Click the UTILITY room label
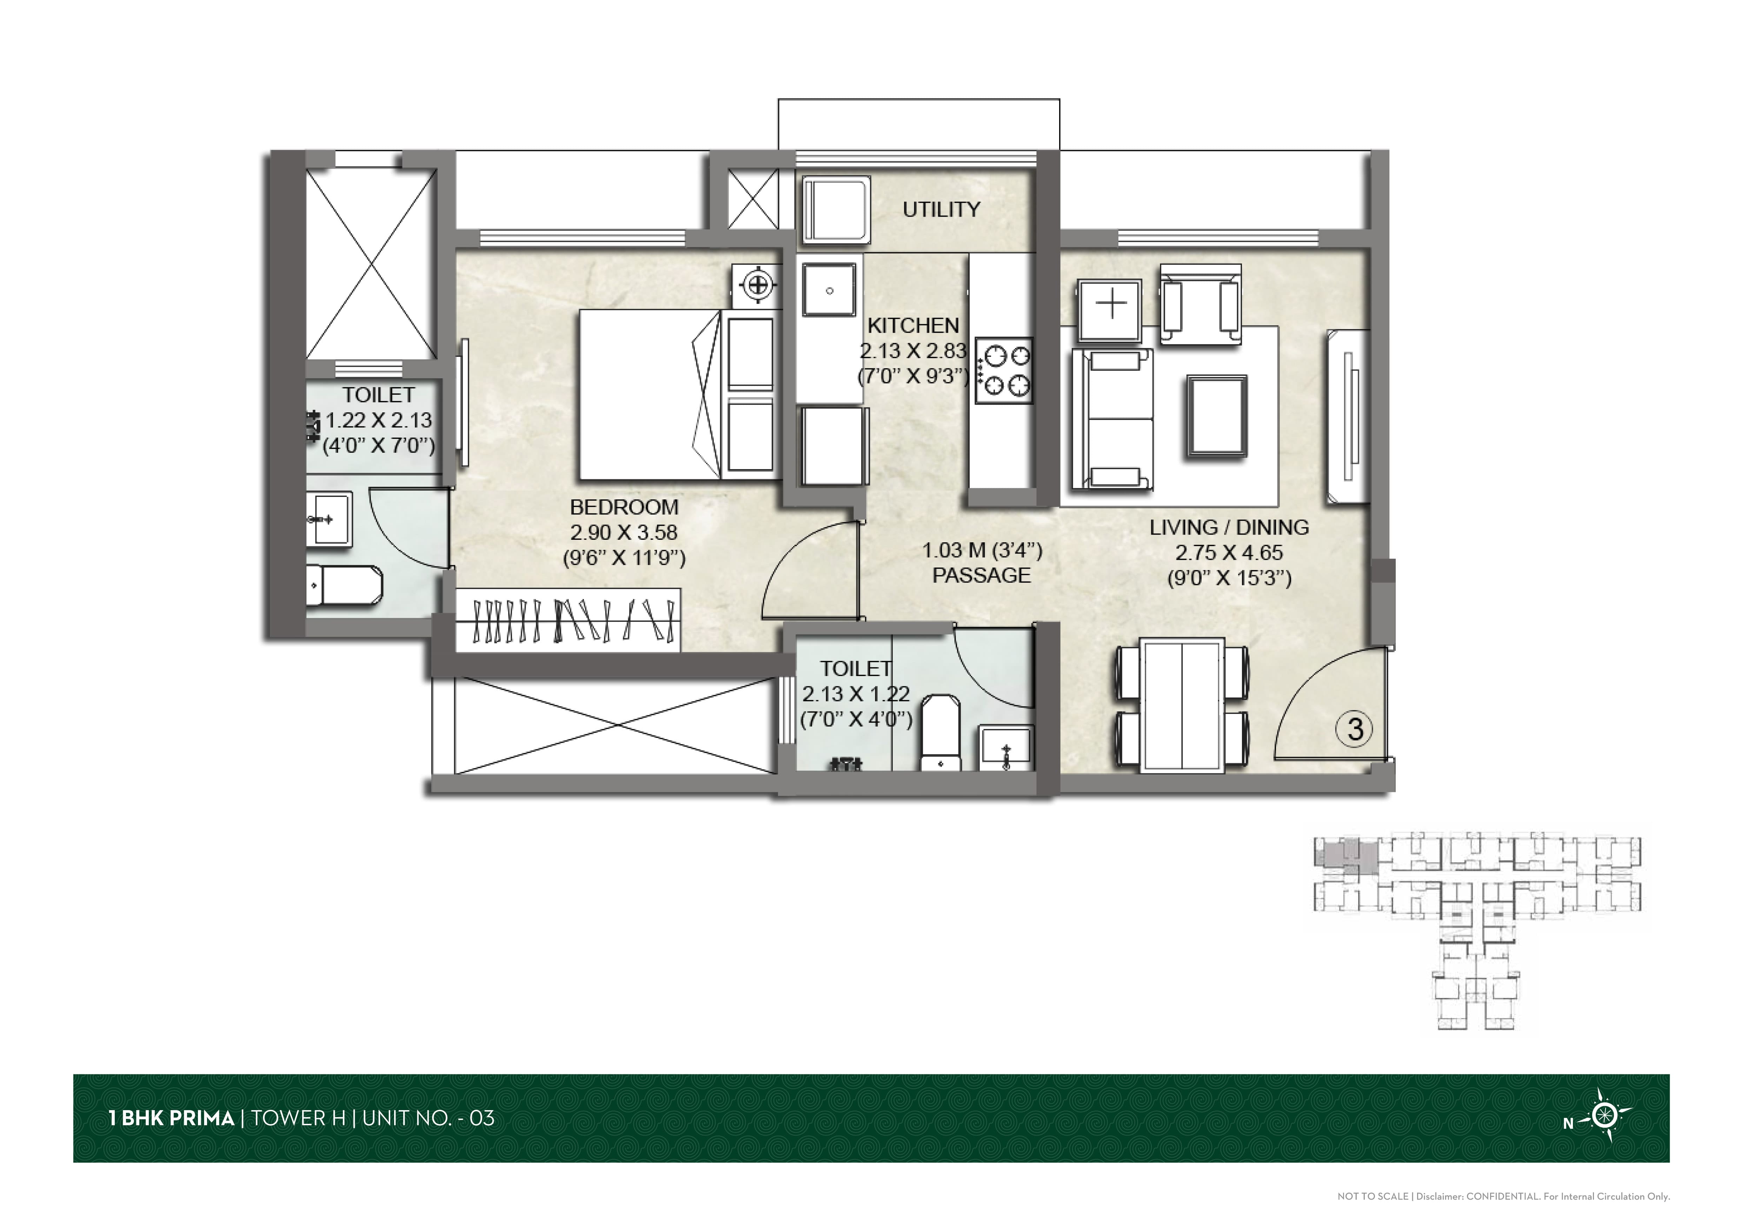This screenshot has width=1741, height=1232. tap(941, 209)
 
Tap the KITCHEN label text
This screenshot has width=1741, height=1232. tap(913, 326)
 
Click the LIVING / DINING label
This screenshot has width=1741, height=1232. tap(1229, 527)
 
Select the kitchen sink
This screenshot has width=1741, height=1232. tap(830, 290)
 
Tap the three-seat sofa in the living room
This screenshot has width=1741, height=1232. tap(1112, 420)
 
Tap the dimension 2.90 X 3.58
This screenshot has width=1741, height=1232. tap(624, 532)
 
